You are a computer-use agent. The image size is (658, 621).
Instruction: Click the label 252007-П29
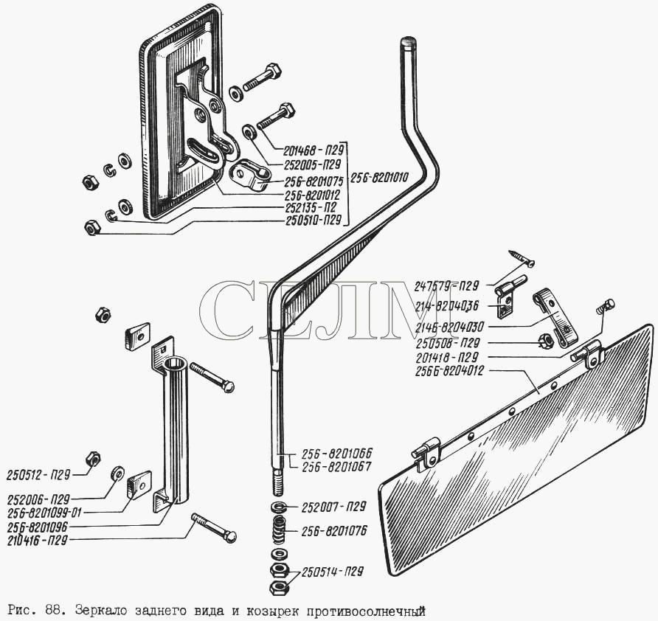[333, 507]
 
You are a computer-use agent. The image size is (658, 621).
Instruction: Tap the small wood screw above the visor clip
[522, 258]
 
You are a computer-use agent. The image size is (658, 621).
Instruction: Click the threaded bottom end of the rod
[279, 484]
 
